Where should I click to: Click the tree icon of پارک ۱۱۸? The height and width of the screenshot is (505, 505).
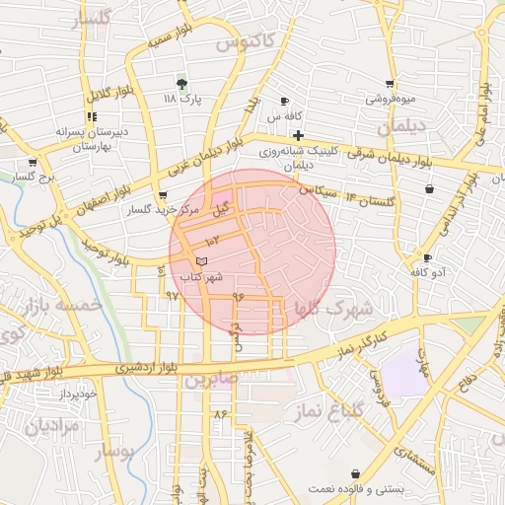pyautogui.click(x=181, y=83)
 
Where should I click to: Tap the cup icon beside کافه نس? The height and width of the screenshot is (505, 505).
pyautogui.click(x=286, y=102)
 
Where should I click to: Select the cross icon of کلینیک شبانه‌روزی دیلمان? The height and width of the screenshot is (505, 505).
pyautogui.click(x=299, y=135)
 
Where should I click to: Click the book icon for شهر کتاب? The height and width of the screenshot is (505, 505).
pyautogui.click(x=202, y=260)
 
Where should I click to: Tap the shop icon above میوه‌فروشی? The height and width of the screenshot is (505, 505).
pyautogui.click(x=391, y=84)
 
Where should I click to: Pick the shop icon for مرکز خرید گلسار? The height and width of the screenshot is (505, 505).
pyautogui.click(x=162, y=195)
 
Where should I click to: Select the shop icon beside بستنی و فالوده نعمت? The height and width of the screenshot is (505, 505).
pyautogui.click(x=355, y=474)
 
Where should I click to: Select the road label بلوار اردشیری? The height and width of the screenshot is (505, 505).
pyautogui.click(x=149, y=367)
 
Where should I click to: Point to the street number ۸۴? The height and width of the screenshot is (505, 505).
pyautogui.click(x=219, y=414)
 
